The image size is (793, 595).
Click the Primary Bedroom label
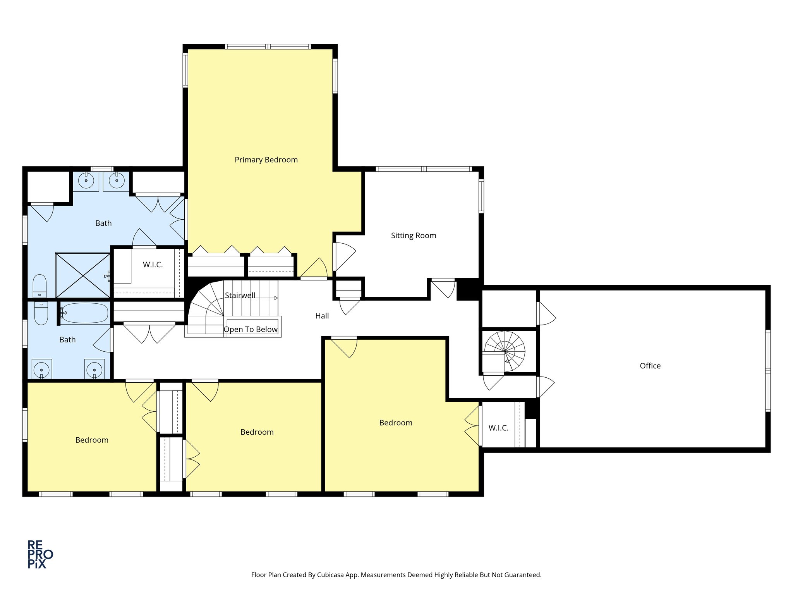pyautogui.click(x=266, y=160)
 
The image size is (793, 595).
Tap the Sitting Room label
pyautogui.click(x=413, y=236)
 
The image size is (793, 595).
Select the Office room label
pyautogui.click(x=650, y=366)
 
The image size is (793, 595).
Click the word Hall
pyautogui.click(x=322, y=316)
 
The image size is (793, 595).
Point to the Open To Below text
pyautogui.click(x=251, y=330)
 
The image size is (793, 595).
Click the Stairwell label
pyautogui.click(x=240, y=296)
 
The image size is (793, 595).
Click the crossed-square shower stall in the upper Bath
pyautogui.click(x=83, y=275)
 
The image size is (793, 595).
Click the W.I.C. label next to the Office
pyautogui.click(x=498, y=428)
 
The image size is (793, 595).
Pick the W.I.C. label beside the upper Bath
pyautogui.click(x=153, y=265)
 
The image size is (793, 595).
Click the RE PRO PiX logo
pyautogui.click(x=40, y=554)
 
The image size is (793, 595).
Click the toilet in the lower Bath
pyautogui.click(x=41, y=313)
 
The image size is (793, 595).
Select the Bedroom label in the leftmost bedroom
pyautogui.click(x=92, y=440)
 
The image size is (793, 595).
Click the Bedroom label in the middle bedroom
pyautogui.click(x=257, y=432)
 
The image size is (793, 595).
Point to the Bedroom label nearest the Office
pyautogui.click(x=395, y=423)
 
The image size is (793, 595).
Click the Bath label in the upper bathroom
pyautogui.click(x=103, y=224)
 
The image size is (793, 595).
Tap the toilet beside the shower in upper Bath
pyautogui.click(x=39, y=285)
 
